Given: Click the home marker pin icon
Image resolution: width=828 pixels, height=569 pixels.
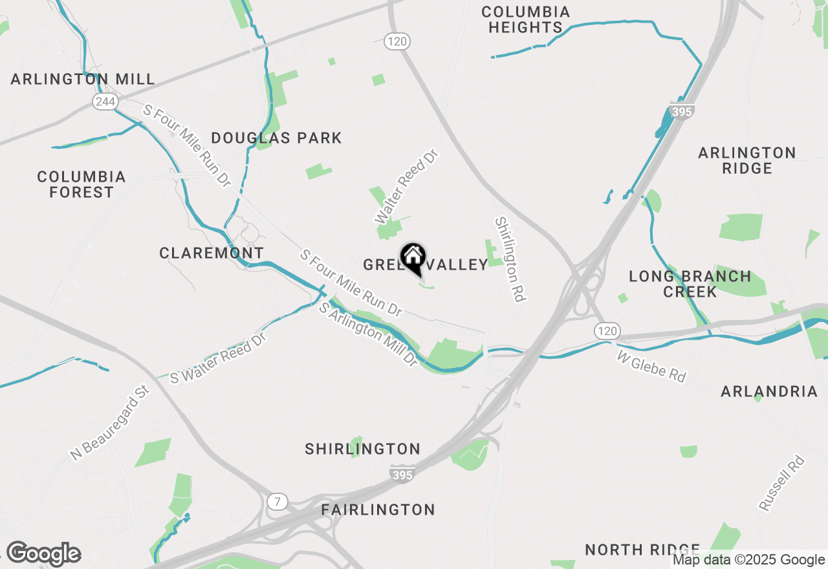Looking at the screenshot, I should [x=413, y=258].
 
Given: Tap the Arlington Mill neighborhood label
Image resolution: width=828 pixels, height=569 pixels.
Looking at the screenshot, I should [x=83, y=79].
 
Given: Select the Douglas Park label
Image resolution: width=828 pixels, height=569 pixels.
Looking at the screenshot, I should [x=276, y=138].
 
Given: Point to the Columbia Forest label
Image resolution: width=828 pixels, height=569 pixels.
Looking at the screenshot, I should [x=82, y=184].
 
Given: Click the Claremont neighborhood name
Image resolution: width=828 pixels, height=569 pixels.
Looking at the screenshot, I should [x=212, y=253].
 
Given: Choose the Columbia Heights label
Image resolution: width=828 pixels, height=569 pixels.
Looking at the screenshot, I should [x=525, y=19].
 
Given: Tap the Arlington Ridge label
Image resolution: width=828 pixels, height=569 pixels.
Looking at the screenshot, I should [x=746, y=160].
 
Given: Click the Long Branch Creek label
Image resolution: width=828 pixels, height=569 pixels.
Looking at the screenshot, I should [x=690, y=284].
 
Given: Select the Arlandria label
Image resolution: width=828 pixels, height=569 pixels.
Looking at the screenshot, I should [x=769, y=391].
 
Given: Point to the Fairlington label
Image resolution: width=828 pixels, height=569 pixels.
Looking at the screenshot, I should [x=378, y=510].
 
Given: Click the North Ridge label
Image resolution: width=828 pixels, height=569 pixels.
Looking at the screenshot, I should [x=642, y=550].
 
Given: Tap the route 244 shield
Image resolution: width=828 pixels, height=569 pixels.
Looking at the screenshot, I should [x=103, y=101].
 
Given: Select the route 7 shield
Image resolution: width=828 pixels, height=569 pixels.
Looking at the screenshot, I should [x=277, y=500].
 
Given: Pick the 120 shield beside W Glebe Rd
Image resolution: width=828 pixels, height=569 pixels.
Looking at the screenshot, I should [x=606, y=331].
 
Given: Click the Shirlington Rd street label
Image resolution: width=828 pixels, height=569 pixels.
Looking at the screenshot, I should [x=508, y=259].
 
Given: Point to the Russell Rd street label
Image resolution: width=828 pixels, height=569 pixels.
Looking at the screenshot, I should [x=781, y=483].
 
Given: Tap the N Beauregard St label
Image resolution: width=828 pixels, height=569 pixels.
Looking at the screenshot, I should [x=110, y=424].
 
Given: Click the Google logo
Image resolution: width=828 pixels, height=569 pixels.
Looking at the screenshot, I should [x=43, y=554].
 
